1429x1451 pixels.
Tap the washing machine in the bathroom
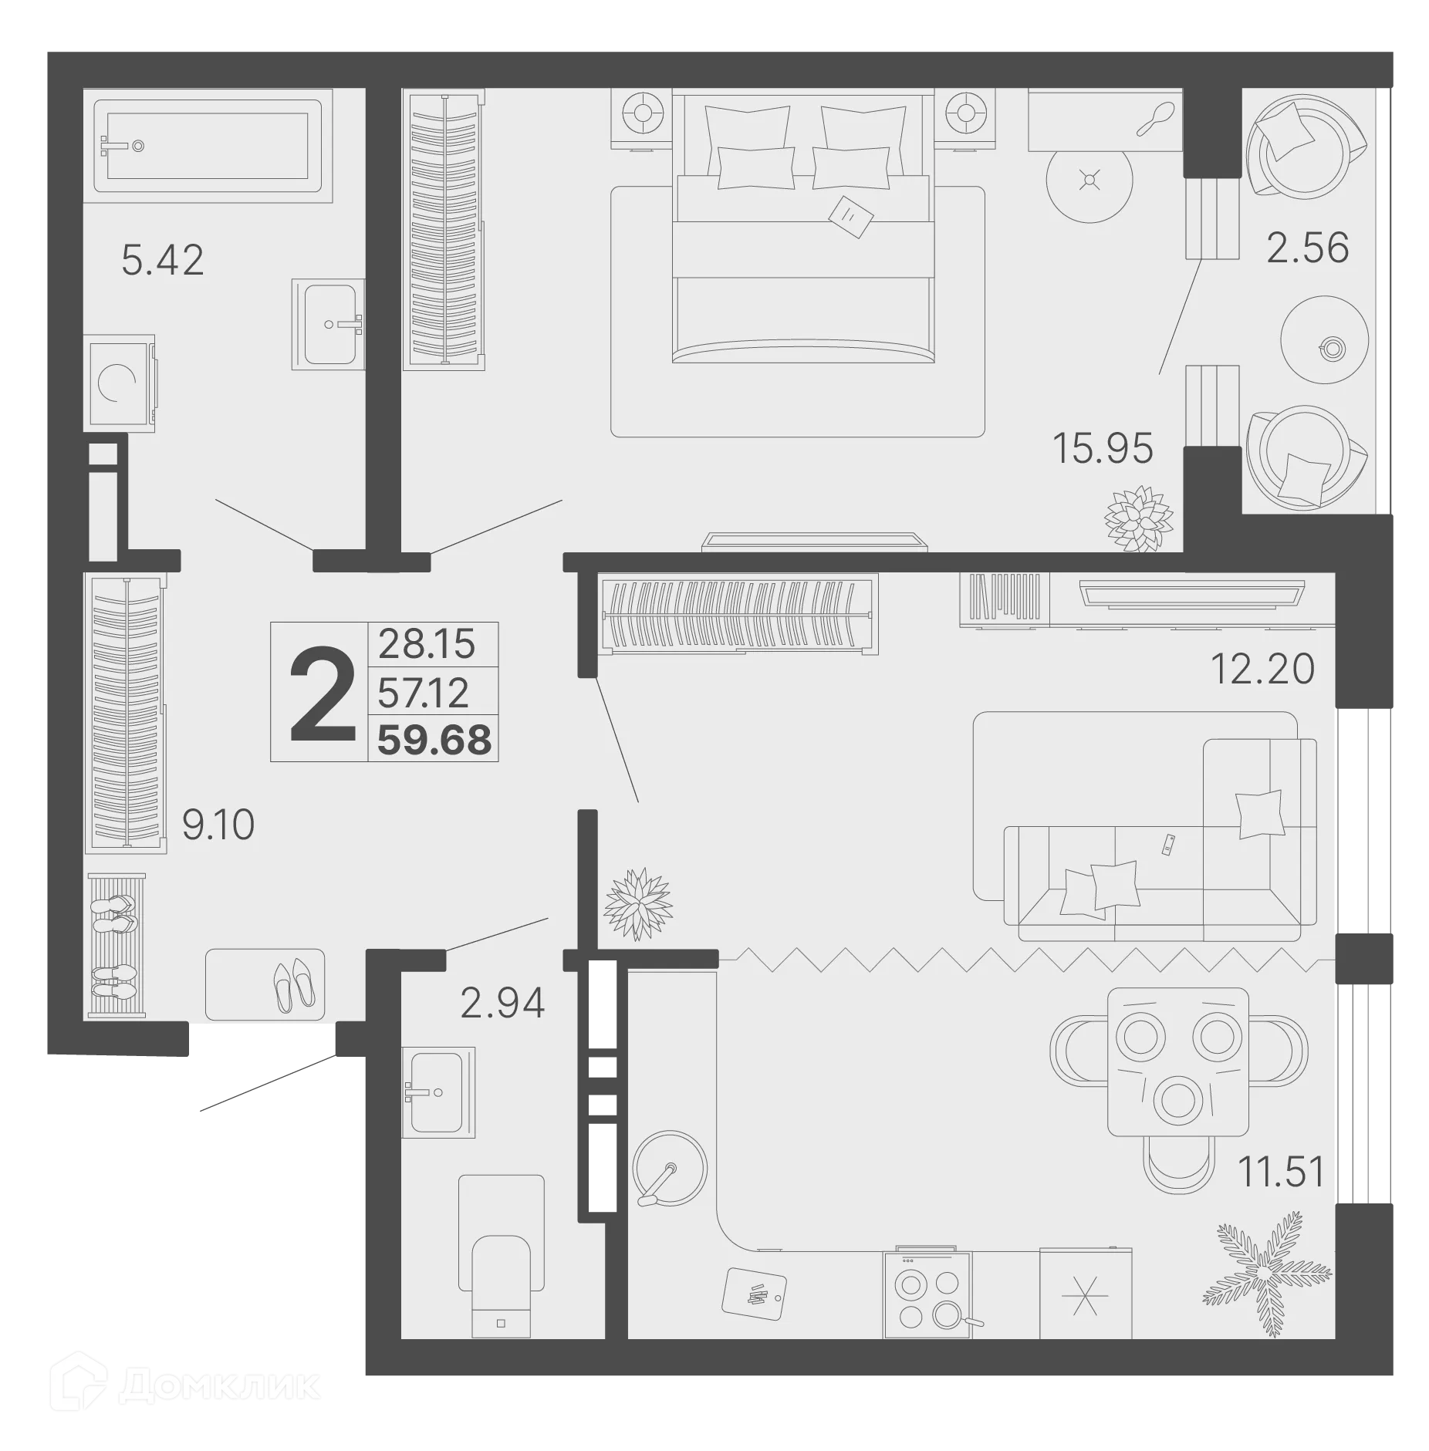tap(120, 382)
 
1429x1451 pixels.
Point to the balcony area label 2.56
tap(1307, 248)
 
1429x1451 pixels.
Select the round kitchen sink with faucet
tap(668, 1168)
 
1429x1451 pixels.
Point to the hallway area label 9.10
tap(218, 825)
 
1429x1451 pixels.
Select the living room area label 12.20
tap(1262, 669)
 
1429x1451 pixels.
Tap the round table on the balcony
tap(1324, 339)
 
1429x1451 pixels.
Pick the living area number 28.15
tap(426, 643)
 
